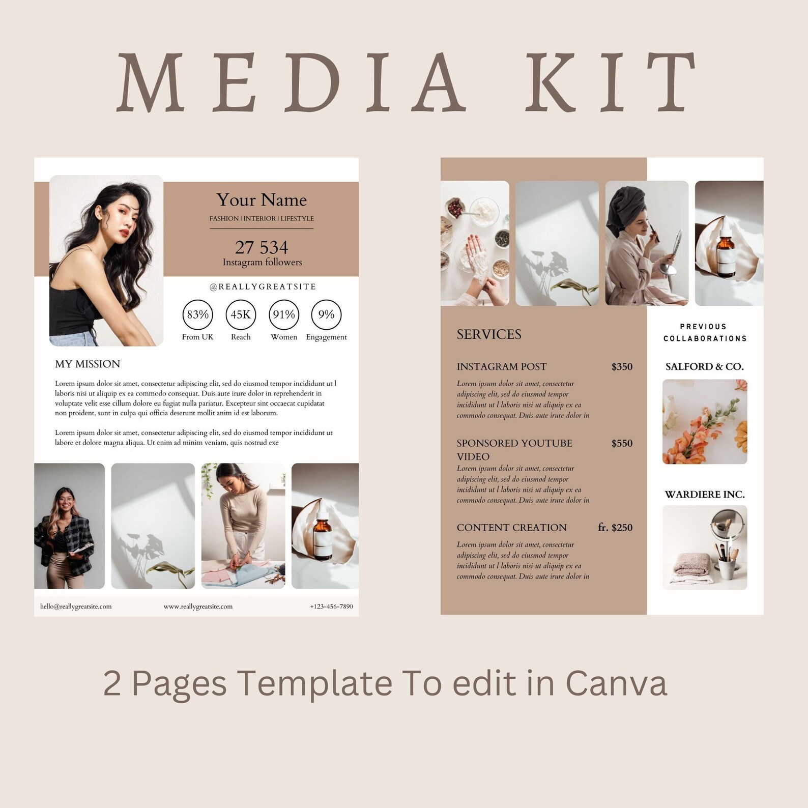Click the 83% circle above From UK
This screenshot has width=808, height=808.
click(x=197, y=314)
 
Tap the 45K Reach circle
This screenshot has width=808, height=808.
click(x=241, y=314)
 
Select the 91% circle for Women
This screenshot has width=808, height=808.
click(x=283, y=314)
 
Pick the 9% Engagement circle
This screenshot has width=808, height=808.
click(x=326, y=314)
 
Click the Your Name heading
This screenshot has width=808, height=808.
click(x=262, y=200)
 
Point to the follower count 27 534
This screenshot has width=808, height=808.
click(x=262, y=247)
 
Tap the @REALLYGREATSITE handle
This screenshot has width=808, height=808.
click(x=263, y=287)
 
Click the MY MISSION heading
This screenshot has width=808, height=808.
click(x=88, y=364)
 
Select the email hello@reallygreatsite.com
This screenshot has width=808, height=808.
click(x=76, y=607)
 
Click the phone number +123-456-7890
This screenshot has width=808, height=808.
click(x=331, y=607)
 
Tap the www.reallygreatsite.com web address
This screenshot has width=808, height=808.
click(x=198, y=607)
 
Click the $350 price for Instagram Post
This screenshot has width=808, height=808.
click(x=622, y=367)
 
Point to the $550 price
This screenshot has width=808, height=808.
click(x=622, y=443)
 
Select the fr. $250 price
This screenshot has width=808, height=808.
click(x=615, y=528)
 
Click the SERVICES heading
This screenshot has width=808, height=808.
click(x=489, y=334)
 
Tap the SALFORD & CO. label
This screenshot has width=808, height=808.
click(x=705, y=367)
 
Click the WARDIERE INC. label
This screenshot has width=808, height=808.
click(x=705, y=495)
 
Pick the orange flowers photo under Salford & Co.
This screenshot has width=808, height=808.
click(x=705, y=422)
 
